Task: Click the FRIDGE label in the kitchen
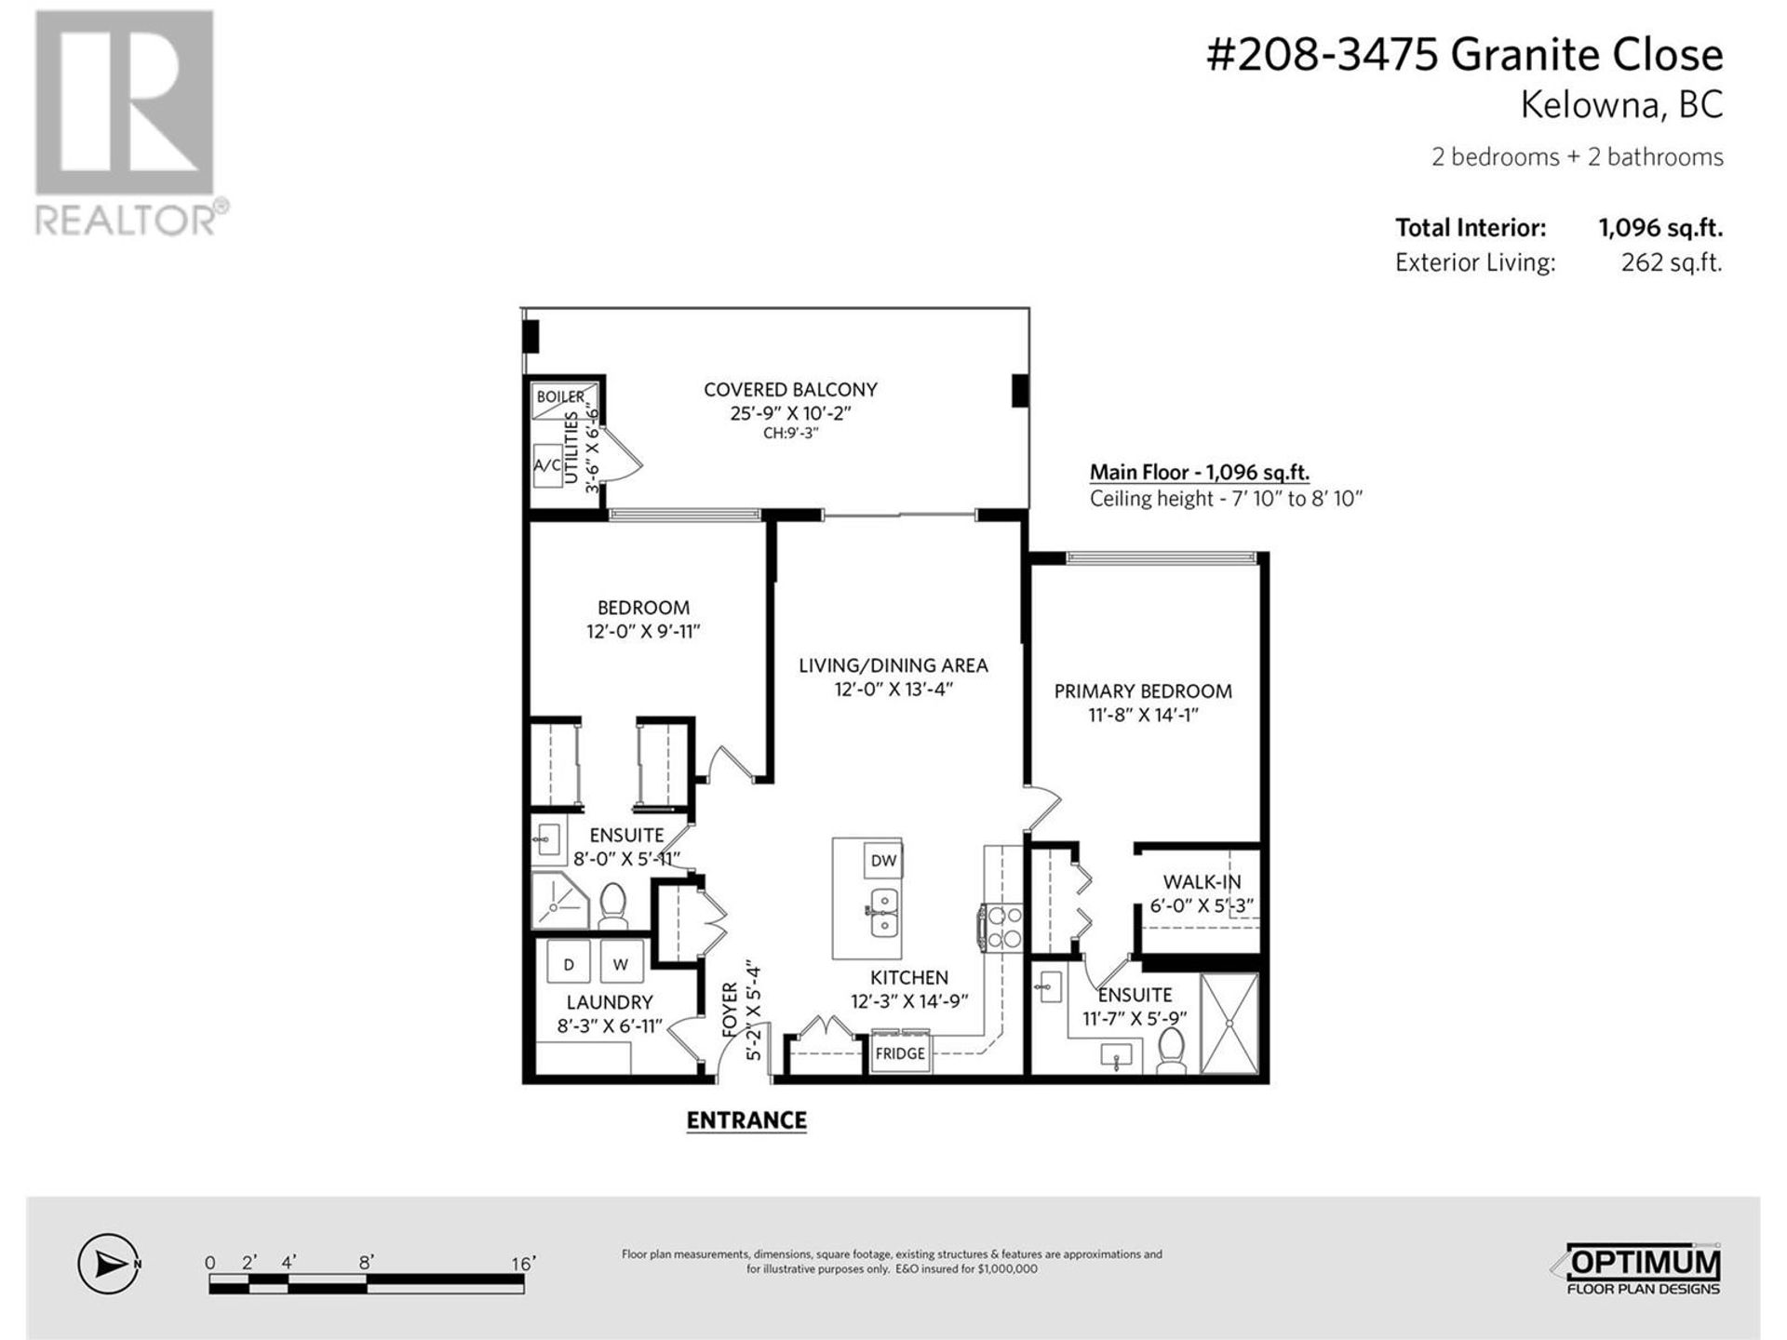click(900, 1053)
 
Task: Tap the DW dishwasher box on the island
click(883, 860)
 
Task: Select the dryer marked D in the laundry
click(569, 964)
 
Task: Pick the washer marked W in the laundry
click(621, 964)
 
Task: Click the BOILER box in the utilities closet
click(560, 397)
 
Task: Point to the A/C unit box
click(547, 465)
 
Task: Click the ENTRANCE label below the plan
click(746, 1120)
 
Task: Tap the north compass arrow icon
click(109, 1264)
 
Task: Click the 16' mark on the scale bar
click(523, 1264)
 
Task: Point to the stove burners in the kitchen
click(1003, 928)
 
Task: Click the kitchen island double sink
click(883, 914)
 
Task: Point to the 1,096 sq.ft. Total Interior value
click(1660, 228)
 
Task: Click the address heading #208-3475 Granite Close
click(1464, 55)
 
